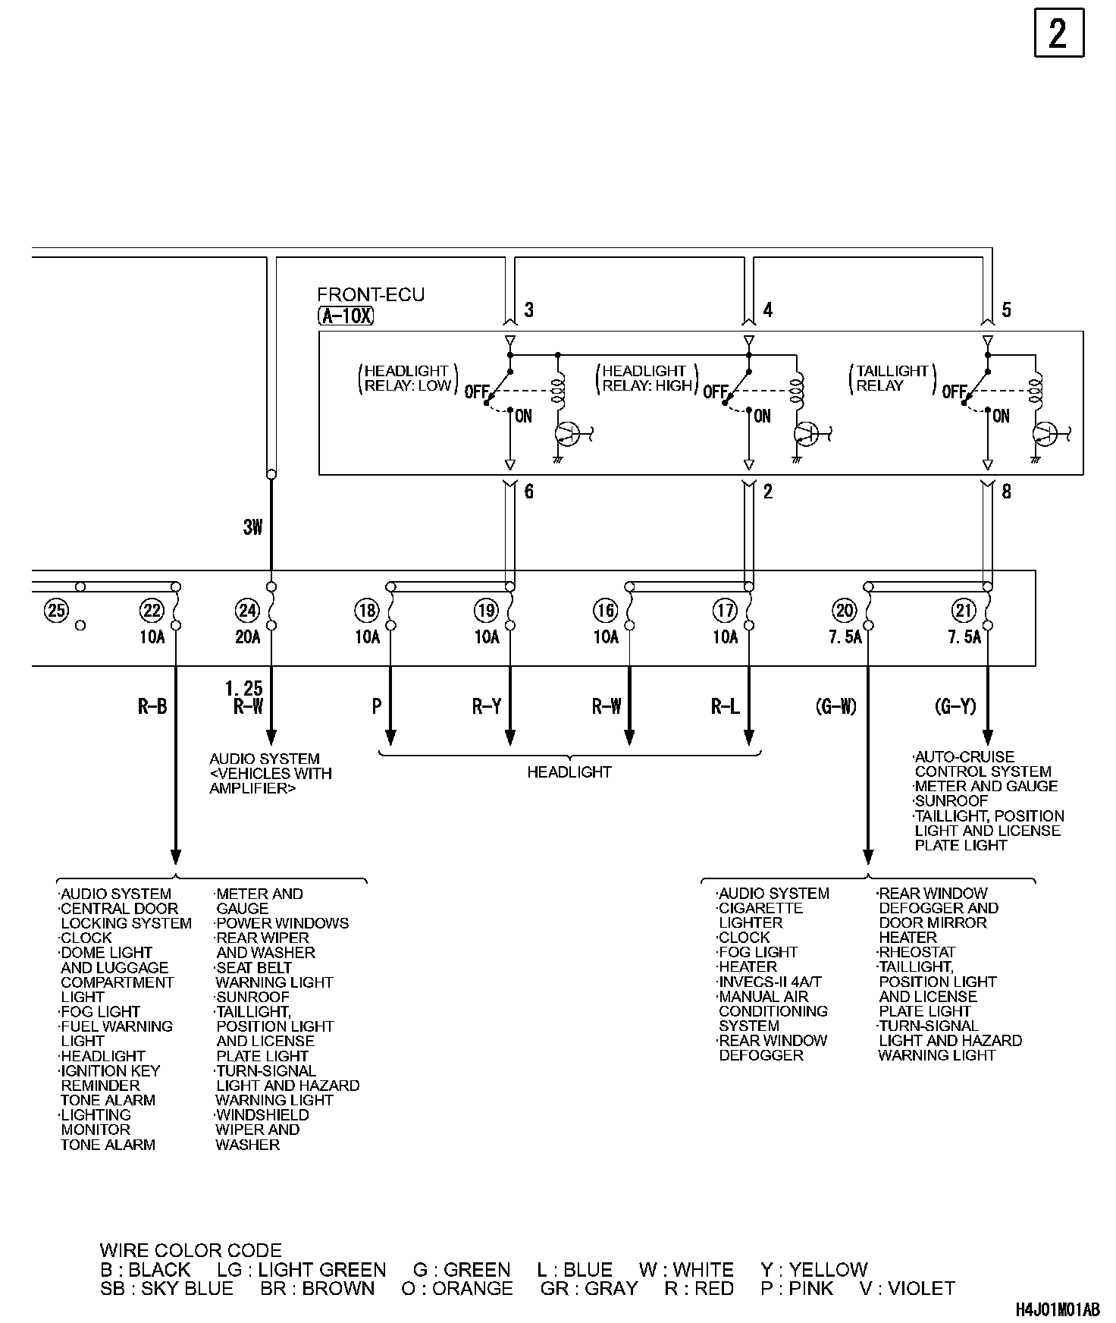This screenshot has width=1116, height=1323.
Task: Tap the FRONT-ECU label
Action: (x=371, y=295)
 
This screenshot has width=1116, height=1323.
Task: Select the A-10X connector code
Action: (x=346, y=316)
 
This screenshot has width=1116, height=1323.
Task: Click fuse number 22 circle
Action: (x=152, y=610)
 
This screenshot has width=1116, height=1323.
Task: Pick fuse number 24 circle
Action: (x=247, y=610)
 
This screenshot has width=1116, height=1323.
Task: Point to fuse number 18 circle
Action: (x=367, y=610)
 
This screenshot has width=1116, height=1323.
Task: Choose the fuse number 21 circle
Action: (x=964, y=610)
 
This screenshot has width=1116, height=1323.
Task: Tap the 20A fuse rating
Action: (x=248, y=637)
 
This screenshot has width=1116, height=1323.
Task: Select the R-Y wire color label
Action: (x=487, y=707)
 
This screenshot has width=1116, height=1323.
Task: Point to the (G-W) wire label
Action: (x=836, y=707)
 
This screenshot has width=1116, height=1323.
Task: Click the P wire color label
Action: (x=377, y=707)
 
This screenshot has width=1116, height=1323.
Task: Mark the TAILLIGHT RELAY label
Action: (x=892, y=378)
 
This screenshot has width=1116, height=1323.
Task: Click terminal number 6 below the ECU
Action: (x=528, y=492)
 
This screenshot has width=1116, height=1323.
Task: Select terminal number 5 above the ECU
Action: (x=1006, y=310)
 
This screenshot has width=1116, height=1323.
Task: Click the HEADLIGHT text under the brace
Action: (x=569, y=772)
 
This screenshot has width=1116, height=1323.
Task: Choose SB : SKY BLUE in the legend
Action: (x=167, y=1289)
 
